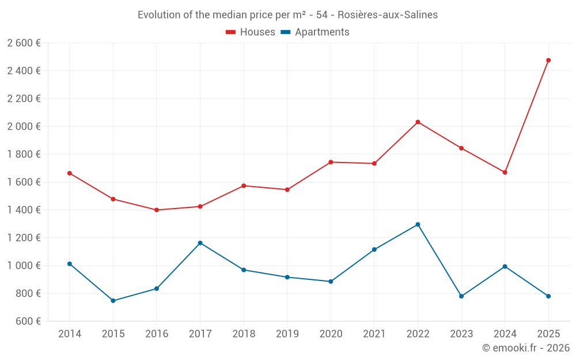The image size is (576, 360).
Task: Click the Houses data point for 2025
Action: tap(548, 60)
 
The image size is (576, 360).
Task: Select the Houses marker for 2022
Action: tap(418, 122)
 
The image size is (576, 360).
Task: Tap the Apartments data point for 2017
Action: tap(200, 243)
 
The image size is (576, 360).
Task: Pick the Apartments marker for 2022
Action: tap(418, 225)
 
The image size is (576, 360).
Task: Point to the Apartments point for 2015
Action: tap(113, 301)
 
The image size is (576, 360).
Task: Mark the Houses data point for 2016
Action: tap(157, 210)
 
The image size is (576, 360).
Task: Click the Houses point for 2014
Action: tap(70, 173)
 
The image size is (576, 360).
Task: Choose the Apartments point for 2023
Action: tap(461, 296)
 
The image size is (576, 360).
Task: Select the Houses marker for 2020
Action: tap(331, 162)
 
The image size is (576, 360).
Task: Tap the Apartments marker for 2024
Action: tap(505, 266)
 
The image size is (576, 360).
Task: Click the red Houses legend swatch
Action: tap(230, 32)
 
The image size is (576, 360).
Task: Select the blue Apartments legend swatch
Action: tap(285, 32)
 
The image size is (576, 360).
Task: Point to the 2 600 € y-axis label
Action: tap(24, 43)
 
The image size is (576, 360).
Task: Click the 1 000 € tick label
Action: tap(24, 266)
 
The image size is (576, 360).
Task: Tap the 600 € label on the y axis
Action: tap(28, 321)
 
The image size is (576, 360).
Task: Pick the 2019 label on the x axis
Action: tap(287, 334)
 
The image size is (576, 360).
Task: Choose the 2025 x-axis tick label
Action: tap(548, 334)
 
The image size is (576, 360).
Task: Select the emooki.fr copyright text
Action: tap(526, 348)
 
